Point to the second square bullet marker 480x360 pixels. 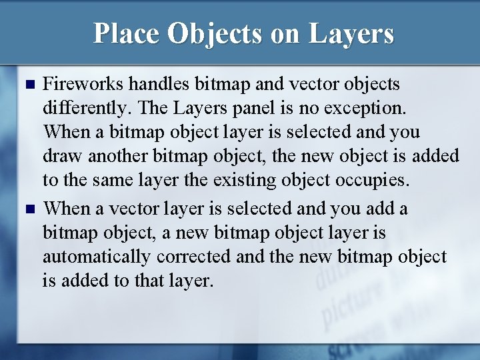(28, 210)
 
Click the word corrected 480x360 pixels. (195, 257)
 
